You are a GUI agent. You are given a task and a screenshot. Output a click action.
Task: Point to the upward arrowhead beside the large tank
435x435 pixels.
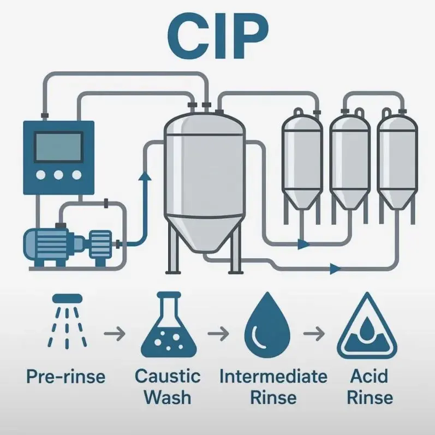pyautogui.click(x=145, y=176)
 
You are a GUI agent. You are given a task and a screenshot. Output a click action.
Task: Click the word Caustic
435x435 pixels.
pyautogui.click(x=168, y=376)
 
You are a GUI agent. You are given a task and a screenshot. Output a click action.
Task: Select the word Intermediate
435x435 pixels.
pyautogui.click(x=273, y=376)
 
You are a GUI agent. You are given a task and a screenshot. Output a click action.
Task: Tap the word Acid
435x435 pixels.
pyautogui.click(x=369, y=376)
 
